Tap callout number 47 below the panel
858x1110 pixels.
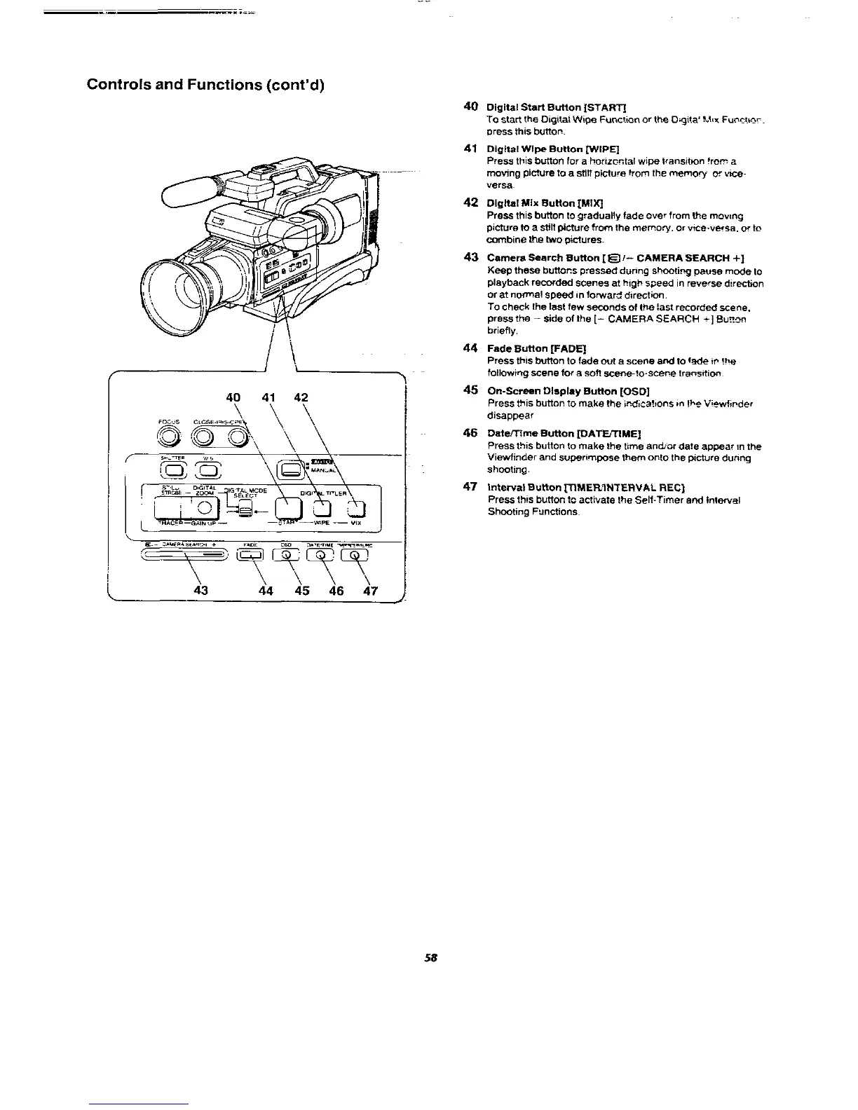point(370,591)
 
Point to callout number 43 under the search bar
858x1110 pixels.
point(201,591)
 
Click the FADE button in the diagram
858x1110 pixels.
point(250,556)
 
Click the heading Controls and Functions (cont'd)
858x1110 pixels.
point(204,85)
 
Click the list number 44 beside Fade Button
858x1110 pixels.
point(471,348)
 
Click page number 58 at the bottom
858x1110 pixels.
point(429,958)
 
